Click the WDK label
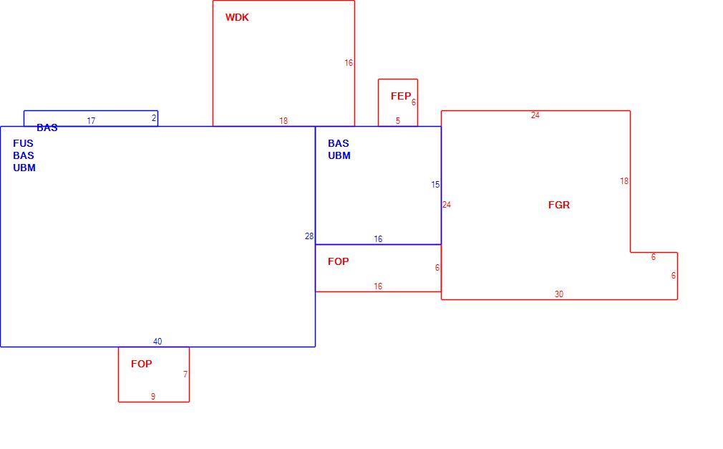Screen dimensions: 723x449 (x=237, y=17)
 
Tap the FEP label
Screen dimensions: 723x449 (x=400, y=96)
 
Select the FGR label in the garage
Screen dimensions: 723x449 (x=559, y=205)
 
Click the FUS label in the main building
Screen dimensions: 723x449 (x=23, y=143)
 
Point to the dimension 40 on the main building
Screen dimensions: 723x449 (x=157, y=342)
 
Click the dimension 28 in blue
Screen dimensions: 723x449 (x=309, y=236)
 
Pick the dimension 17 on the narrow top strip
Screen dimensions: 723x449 (x=91, y=121)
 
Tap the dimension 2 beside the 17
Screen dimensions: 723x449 (x=154, y=118)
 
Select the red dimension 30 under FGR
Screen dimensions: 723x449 (x=559, y=294)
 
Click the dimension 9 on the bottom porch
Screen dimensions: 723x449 (x=153, y=397)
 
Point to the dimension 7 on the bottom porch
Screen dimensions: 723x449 (x=185, y=375)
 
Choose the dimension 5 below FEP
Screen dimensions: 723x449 (x=398, y=121)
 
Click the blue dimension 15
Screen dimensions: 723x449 (x=435, y=185)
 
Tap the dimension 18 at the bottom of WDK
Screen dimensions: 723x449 (x=283, y=121)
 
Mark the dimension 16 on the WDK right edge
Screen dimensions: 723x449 (x=349, y=63)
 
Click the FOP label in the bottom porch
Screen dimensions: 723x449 (x=141, y=364)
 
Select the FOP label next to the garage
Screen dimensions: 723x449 (x=338, y=261)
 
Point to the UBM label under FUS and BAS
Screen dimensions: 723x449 (x=24, y=168)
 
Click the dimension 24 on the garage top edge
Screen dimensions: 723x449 (x=535, y=115)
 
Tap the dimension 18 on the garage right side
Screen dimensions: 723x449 (x=624, y=181)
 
